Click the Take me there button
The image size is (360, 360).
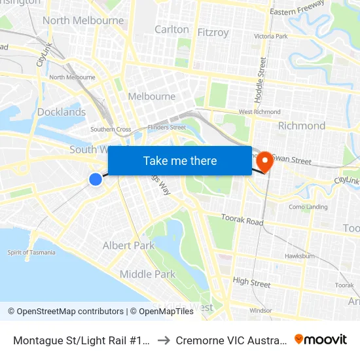coord(180,160)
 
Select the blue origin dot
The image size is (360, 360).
coord(96,179)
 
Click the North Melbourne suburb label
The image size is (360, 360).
coord(82,20)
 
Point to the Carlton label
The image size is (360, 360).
coord(171,29)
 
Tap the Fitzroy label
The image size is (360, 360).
coord(213,31)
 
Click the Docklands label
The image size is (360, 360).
coord(62,112)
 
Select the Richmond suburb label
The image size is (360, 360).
coord(301,125)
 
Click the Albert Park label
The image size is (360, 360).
coord(128,245)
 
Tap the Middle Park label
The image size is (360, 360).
coord(147,274)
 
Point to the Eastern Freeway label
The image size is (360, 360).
coord(297,8)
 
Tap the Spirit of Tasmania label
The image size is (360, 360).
coord(31,252)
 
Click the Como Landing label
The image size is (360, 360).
coord(312,207)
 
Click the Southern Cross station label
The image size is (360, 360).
coord(106,129)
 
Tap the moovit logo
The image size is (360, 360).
coord(321,339)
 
